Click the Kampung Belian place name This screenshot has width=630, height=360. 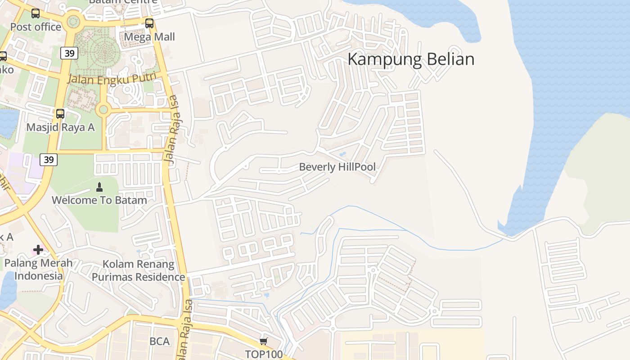tap(411, 59)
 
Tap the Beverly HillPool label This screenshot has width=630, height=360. tap(337, 167)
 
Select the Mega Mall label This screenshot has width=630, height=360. tap(149, 37)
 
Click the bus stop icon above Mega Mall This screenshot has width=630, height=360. tap(149, 23)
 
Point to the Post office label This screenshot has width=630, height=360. tap(36, 27)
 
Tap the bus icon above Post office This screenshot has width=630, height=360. tap(36, 13)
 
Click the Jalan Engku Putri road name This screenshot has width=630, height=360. tap(112, 78)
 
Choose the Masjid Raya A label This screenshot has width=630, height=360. tap(60, 127)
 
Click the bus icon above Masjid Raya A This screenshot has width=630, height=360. tap(60, 114)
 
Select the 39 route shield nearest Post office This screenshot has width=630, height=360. tap(69, 54)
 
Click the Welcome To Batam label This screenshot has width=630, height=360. tap(99, 200)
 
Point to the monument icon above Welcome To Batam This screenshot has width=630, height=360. tap(99, 187)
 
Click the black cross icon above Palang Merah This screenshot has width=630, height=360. tap(38, 249)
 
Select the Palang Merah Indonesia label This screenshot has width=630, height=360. tap(38, 269)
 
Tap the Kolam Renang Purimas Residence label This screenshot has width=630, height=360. tap(138, 270)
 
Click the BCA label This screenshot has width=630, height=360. tap(160, 342)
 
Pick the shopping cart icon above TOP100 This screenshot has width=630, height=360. tap(264, 341)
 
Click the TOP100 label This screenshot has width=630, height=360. tap(264, 354)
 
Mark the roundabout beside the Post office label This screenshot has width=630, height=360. tap(73, 21)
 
